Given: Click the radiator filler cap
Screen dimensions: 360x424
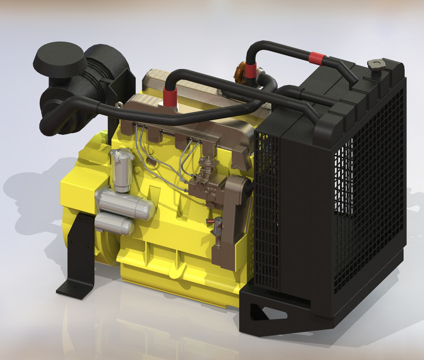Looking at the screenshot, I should pos(374,64).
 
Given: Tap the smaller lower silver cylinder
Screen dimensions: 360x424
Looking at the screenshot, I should pos(114,226).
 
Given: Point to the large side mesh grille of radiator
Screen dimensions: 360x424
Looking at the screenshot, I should pos(366,191).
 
